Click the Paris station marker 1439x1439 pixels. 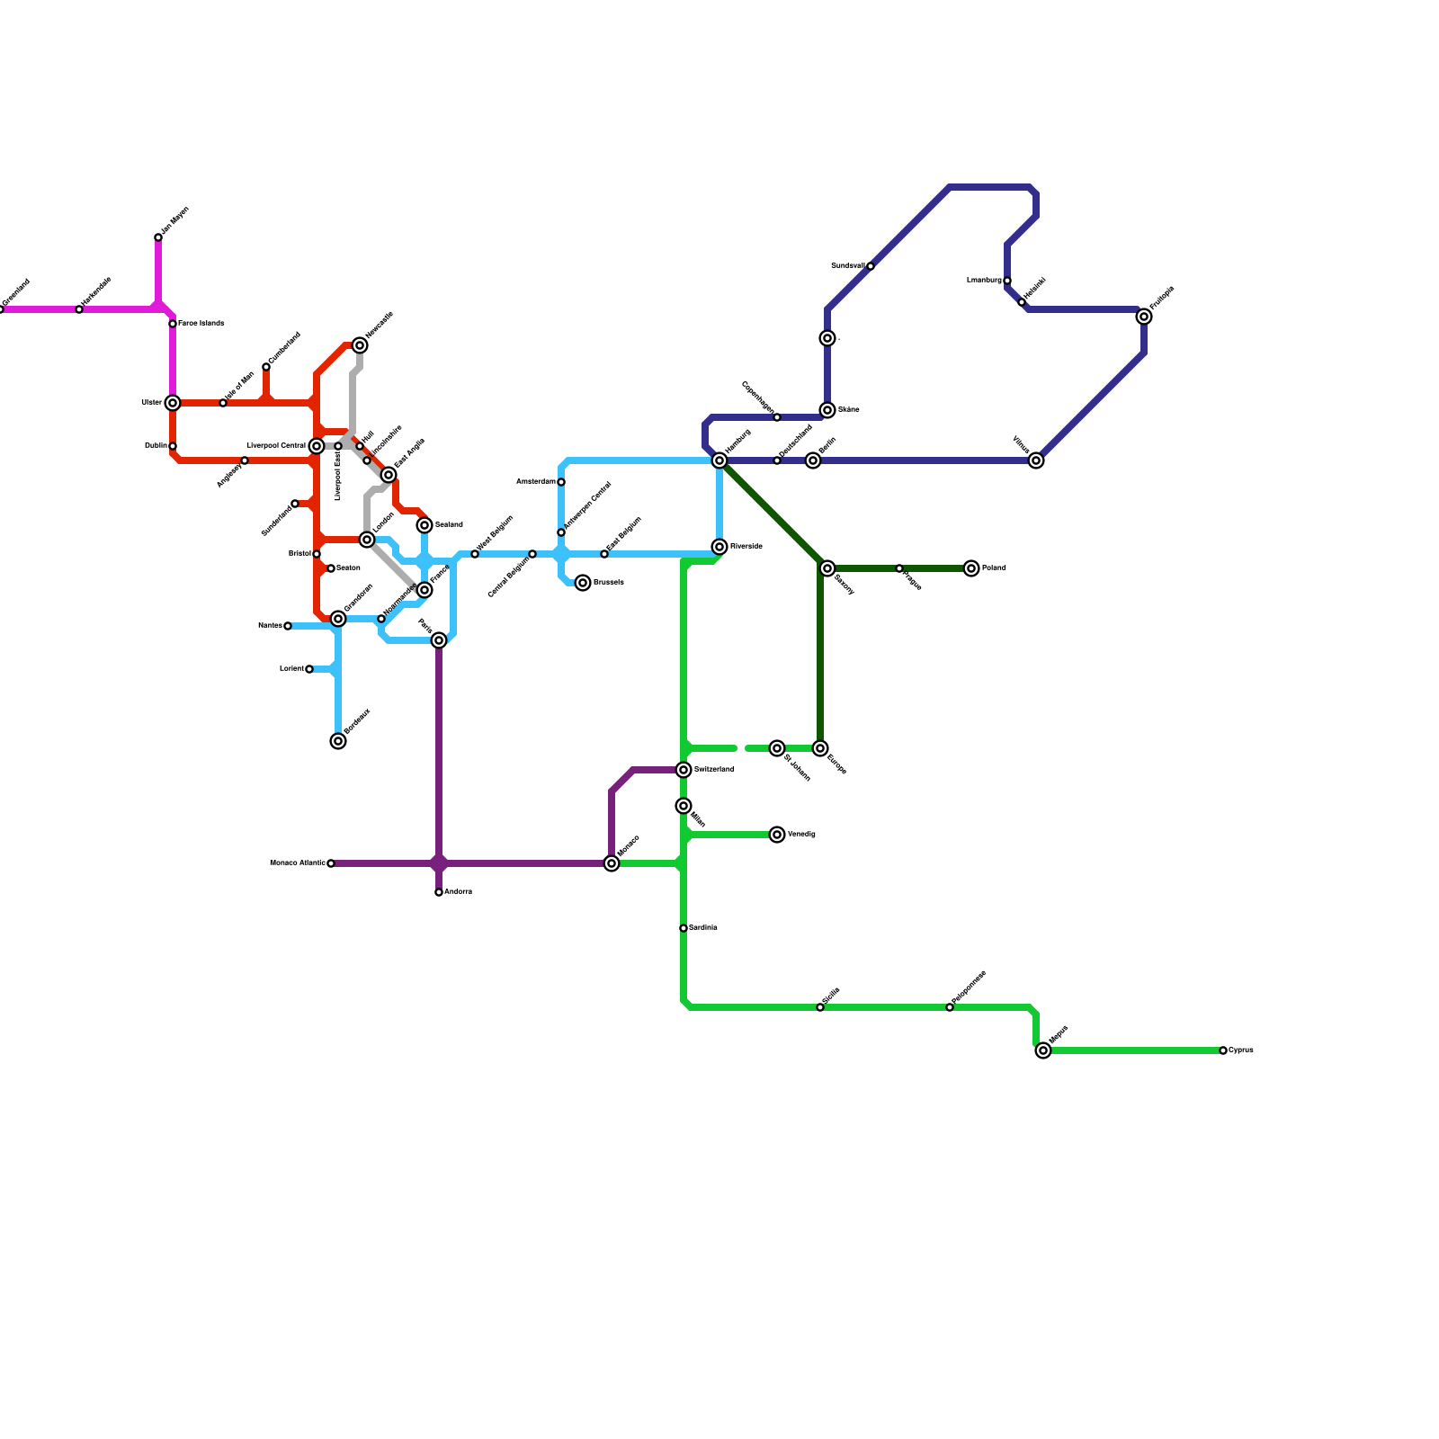[439, 640]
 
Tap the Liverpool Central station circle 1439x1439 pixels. [317, 446]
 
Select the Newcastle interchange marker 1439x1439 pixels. [360, 345]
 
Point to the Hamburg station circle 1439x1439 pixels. [719, 460]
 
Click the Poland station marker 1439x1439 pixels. [971, 568]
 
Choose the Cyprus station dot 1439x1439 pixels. [1223, 1050]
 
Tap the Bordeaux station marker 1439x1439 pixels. [338, 741]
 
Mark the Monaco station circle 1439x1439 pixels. [612, 863]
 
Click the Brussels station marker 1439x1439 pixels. [583, 583]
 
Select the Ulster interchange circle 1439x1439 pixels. [173, 403]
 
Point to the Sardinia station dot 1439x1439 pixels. [684, 928]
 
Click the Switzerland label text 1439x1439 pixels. [714, 770]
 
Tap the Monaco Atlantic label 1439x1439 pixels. [298, 863]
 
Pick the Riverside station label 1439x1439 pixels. [746, 547]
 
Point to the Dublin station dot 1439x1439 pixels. [173, 446]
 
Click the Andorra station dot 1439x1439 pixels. [439, 892]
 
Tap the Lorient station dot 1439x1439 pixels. [309, 669]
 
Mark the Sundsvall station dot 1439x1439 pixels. [871, 266]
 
